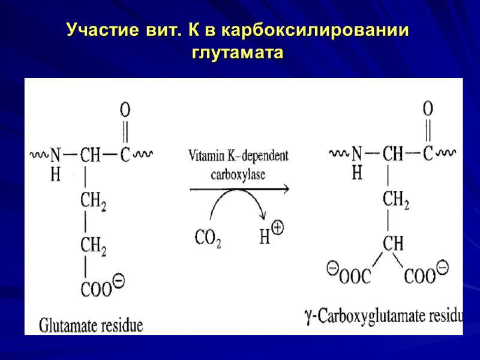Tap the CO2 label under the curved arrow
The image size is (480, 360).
pyautogui.click(x=208, y=238)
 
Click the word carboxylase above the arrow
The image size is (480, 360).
pyautogui.click(x=238, y=175)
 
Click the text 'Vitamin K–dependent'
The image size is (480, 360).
pyautogui.click(x=238, y=157)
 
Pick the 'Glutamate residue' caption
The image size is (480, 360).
pyautogui.click(x=91, y=326)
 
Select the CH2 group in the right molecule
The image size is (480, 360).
pyautogui.click(x=395, y=202)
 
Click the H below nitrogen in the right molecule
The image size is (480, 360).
pyautogui.click(x=357, y=173)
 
